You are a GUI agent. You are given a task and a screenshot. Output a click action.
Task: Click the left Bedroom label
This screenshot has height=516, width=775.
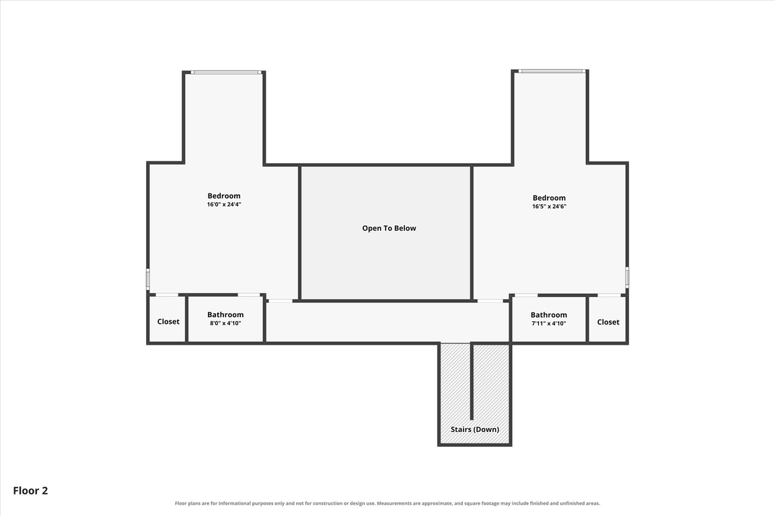point(224,196)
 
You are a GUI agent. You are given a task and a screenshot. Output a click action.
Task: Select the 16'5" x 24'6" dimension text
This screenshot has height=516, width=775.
point(549,206)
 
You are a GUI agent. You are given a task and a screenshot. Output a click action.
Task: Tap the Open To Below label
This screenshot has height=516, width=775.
point(389,228)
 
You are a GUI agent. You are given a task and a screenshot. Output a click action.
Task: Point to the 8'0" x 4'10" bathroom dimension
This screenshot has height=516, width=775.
point(225,323)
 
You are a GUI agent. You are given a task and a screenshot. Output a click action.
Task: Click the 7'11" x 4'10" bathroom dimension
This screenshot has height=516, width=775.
point(549,323)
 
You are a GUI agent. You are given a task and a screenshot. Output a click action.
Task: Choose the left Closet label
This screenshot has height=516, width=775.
point(168,321)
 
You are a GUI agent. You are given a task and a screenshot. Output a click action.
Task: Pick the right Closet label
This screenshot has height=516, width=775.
point(608,322)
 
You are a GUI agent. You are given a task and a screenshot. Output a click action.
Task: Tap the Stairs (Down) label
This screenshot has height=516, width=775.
point(475,429)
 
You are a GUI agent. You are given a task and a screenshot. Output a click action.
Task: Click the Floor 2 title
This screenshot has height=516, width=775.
point(31,491)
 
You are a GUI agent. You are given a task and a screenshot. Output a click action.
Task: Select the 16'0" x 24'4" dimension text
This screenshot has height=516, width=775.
point(224,204)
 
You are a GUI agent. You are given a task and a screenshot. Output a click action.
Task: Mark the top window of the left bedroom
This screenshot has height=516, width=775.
point(227,73)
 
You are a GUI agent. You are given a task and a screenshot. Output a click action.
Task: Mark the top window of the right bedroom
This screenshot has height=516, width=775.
point(552,71)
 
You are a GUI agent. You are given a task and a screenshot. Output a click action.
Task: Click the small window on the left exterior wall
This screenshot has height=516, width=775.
point(148,279)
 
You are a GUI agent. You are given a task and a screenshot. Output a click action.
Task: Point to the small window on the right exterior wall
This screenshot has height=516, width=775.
point(627,277)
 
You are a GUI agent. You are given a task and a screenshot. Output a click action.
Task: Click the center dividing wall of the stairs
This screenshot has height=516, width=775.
point(472,381)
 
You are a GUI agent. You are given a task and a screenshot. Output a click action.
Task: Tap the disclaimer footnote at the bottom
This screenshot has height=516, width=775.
point(387,504)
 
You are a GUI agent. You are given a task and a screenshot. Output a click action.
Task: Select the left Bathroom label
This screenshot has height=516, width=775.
point(225,314)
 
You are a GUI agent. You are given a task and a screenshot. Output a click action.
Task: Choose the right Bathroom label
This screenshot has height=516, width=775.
point(549,315)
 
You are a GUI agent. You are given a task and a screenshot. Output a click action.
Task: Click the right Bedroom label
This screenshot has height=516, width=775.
point(549,198)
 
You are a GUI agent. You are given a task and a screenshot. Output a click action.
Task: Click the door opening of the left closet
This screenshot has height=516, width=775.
point(167,295)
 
